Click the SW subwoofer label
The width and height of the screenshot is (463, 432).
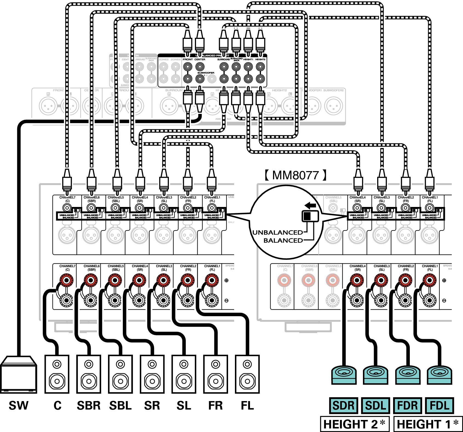coord(18,405)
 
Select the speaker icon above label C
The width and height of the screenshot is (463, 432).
coord(57,374)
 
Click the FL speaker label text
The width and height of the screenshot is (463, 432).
coord(247,405)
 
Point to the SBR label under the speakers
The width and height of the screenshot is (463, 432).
coord(89,405)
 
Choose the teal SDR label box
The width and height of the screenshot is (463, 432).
coord(343,405)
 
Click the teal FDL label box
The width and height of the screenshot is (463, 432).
coord(439,405)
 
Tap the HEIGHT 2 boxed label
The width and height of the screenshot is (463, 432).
coord(354,424)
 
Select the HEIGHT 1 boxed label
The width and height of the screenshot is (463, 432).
coord(428,424)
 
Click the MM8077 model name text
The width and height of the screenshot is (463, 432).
coord(296,175)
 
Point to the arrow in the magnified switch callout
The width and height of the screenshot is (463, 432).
coord(310,205)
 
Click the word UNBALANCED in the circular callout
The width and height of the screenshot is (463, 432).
coord(277,232)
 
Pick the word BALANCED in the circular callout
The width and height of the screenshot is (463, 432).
coord(283,240)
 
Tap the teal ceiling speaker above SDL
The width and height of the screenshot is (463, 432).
coord(375,375)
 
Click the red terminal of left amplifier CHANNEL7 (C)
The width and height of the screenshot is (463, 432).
coord(66,280)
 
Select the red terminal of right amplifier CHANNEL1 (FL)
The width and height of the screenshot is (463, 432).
coord(429,280)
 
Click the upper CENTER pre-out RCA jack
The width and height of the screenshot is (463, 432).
coord(200,67)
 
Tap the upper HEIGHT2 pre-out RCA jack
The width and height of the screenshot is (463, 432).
coord(260,67)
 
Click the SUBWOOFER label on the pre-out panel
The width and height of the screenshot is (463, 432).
coord(206,73)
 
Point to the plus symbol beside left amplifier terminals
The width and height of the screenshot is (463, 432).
coord(226,280)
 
